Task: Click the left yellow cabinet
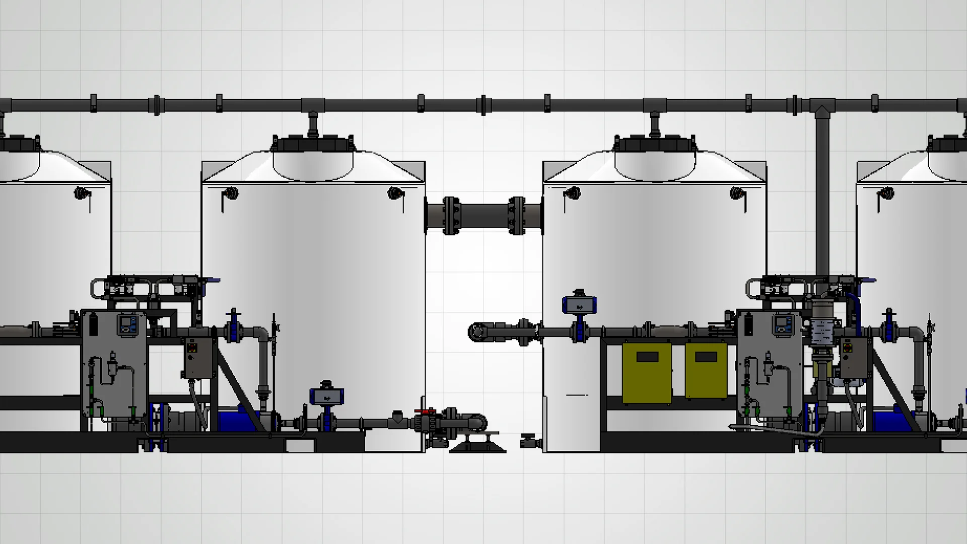tap(647, 373)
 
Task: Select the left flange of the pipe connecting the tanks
tap(451, 216)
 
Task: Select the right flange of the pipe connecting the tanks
tap(516, 216)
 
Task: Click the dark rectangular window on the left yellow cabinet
tap(647, 357)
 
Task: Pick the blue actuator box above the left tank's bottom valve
tap(327, 397)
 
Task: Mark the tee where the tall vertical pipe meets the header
tap(821, 107)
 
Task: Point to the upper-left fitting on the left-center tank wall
tap(231, 193)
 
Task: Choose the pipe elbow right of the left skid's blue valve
tap(262, 335)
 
